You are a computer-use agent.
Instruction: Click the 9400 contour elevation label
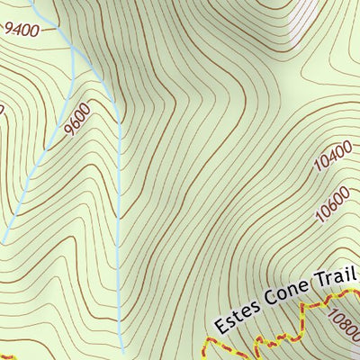pos(22,30)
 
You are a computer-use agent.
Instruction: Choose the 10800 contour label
pos(346,325)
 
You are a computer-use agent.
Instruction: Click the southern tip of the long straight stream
pos(122,346)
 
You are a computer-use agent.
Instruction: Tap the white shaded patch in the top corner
pos(310,18)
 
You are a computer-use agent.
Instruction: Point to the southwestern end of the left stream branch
pos(4,241)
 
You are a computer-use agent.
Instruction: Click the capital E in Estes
pos(220,321)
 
